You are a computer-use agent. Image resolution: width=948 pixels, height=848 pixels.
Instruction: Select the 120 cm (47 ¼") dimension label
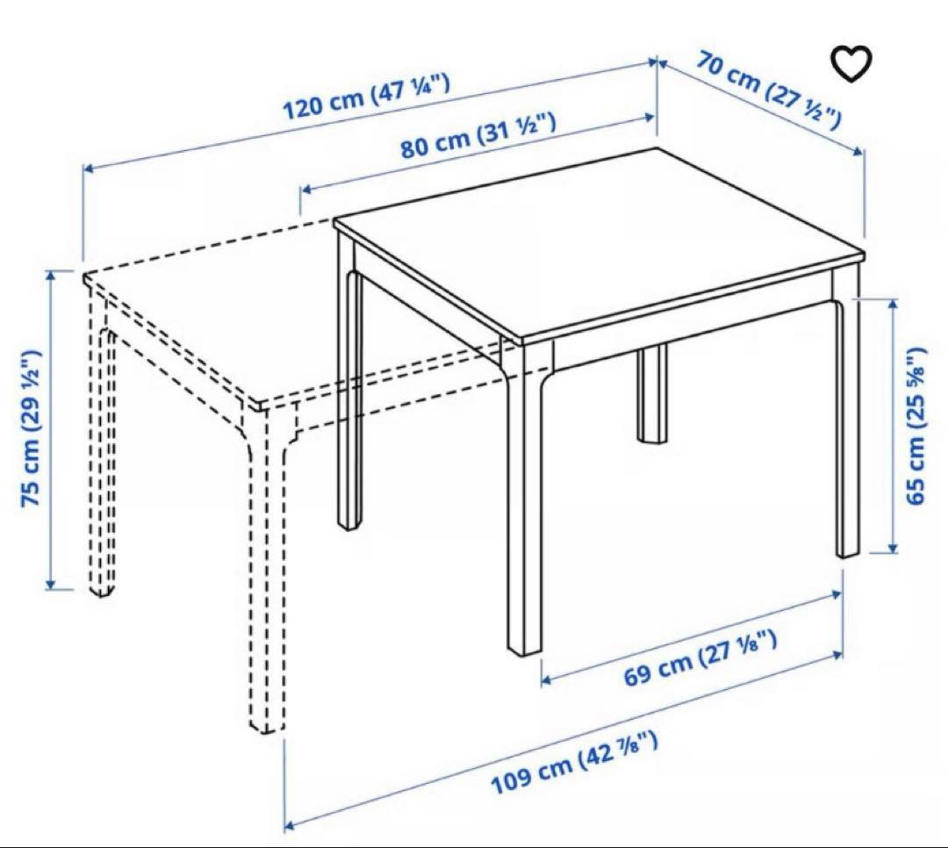click(366, 97)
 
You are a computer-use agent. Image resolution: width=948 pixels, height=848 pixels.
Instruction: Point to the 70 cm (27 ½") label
click(769, 89)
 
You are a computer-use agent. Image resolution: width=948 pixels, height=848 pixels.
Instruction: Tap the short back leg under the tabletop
click(653, 395)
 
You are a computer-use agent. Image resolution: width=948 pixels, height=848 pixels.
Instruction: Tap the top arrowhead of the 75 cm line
click(50, 275)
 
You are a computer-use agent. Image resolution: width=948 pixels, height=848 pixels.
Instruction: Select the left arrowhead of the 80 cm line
click(305, 188)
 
